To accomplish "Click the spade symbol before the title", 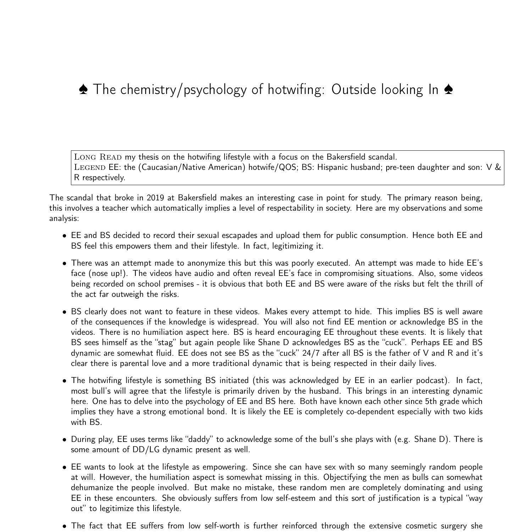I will click(83, 90).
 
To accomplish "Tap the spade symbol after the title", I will click(448, 90).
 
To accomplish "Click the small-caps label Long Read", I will click(98, 157).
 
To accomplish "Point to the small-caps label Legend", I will click(90, 167).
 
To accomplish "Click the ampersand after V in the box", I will click(498, 167).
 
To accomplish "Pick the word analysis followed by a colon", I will click(64, 218).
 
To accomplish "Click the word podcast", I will click(431, 381).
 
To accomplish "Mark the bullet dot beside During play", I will click(65, 440).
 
